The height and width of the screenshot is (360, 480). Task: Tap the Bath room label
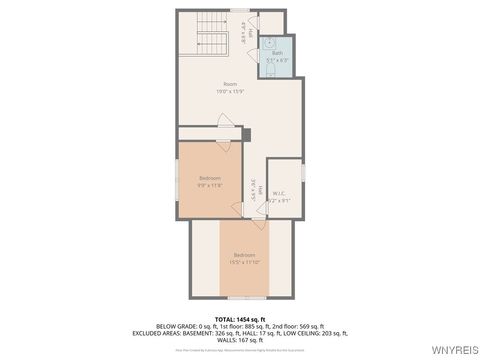(x=277, y=53)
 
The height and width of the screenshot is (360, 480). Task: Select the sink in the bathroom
(x=271, y=43)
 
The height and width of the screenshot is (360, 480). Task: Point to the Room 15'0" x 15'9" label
(x=230, y=87)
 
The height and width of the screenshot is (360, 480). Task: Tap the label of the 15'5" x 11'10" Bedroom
(x=246, y=257)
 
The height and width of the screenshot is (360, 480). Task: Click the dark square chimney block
(x=246, y=134)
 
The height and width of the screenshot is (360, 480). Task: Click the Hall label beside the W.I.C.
(x=256, y=185)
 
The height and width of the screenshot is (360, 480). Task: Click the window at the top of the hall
(x=239, y=11)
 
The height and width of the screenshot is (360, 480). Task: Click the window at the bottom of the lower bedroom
(x=245, y=298)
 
